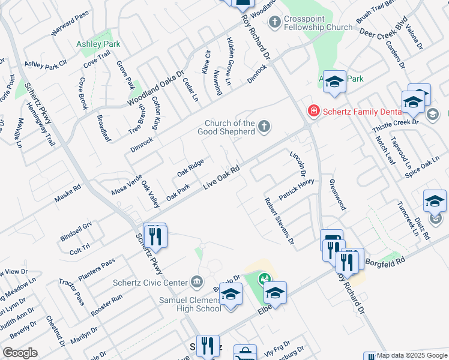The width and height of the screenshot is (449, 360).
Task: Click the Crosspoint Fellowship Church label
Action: coord(318,23)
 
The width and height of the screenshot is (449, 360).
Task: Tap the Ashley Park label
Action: coord(98,44)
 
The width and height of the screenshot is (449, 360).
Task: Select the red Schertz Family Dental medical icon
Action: coord(313,110)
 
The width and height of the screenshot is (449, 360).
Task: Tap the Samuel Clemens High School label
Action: coord(190,304)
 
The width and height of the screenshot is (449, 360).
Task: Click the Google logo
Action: coord(19,353)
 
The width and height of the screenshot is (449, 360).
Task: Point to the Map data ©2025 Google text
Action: coord(411,355)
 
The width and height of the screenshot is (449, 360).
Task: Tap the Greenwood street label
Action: coord(338,194)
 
